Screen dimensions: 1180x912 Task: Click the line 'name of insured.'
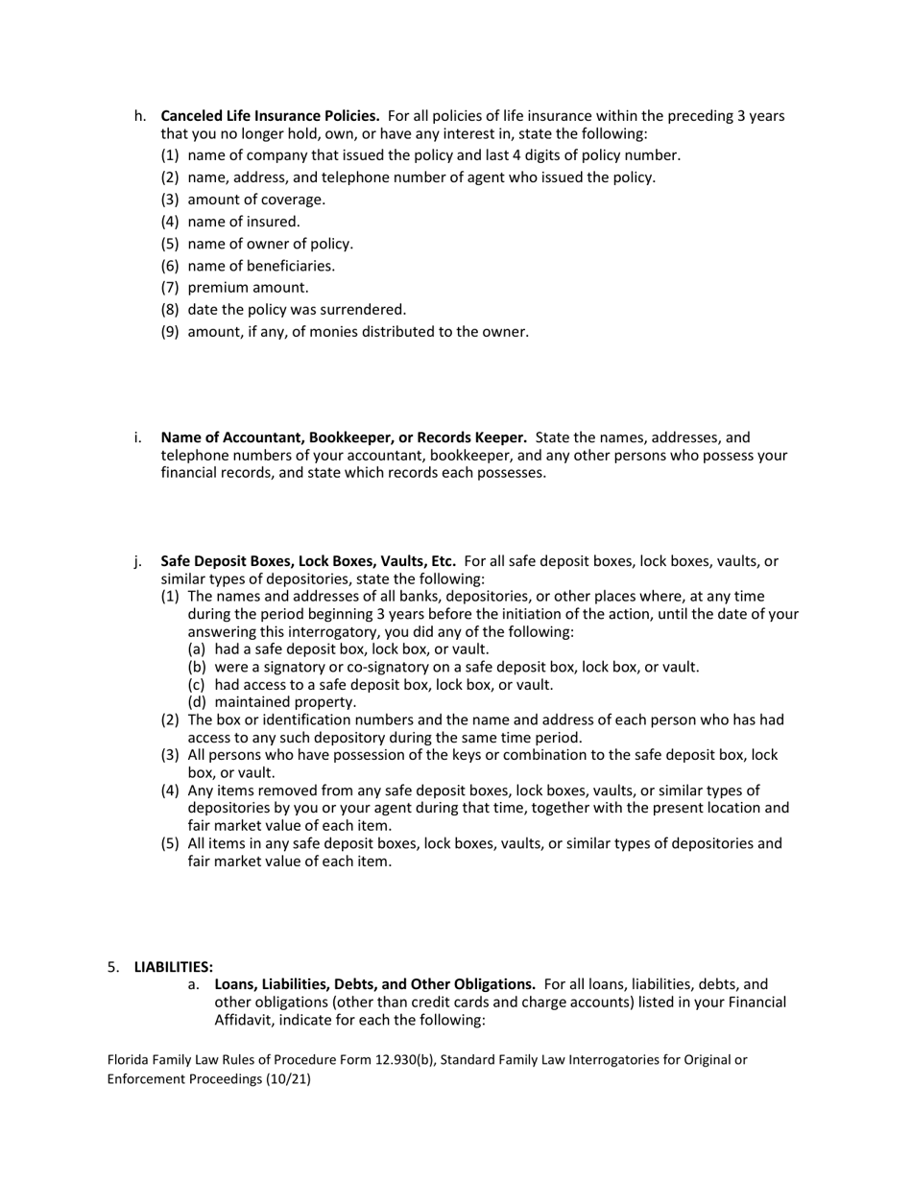244,222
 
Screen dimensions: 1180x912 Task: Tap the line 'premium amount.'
248,287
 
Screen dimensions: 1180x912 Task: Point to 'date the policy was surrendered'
297,309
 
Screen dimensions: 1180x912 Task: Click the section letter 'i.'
138,437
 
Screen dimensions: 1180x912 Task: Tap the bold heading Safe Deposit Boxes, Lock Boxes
307,561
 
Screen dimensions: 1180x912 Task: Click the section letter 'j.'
138,561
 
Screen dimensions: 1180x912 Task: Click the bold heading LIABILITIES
174,967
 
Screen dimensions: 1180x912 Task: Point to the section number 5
112,967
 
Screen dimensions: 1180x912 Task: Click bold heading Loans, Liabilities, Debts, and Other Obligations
374,984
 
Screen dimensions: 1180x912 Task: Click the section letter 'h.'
140,116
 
